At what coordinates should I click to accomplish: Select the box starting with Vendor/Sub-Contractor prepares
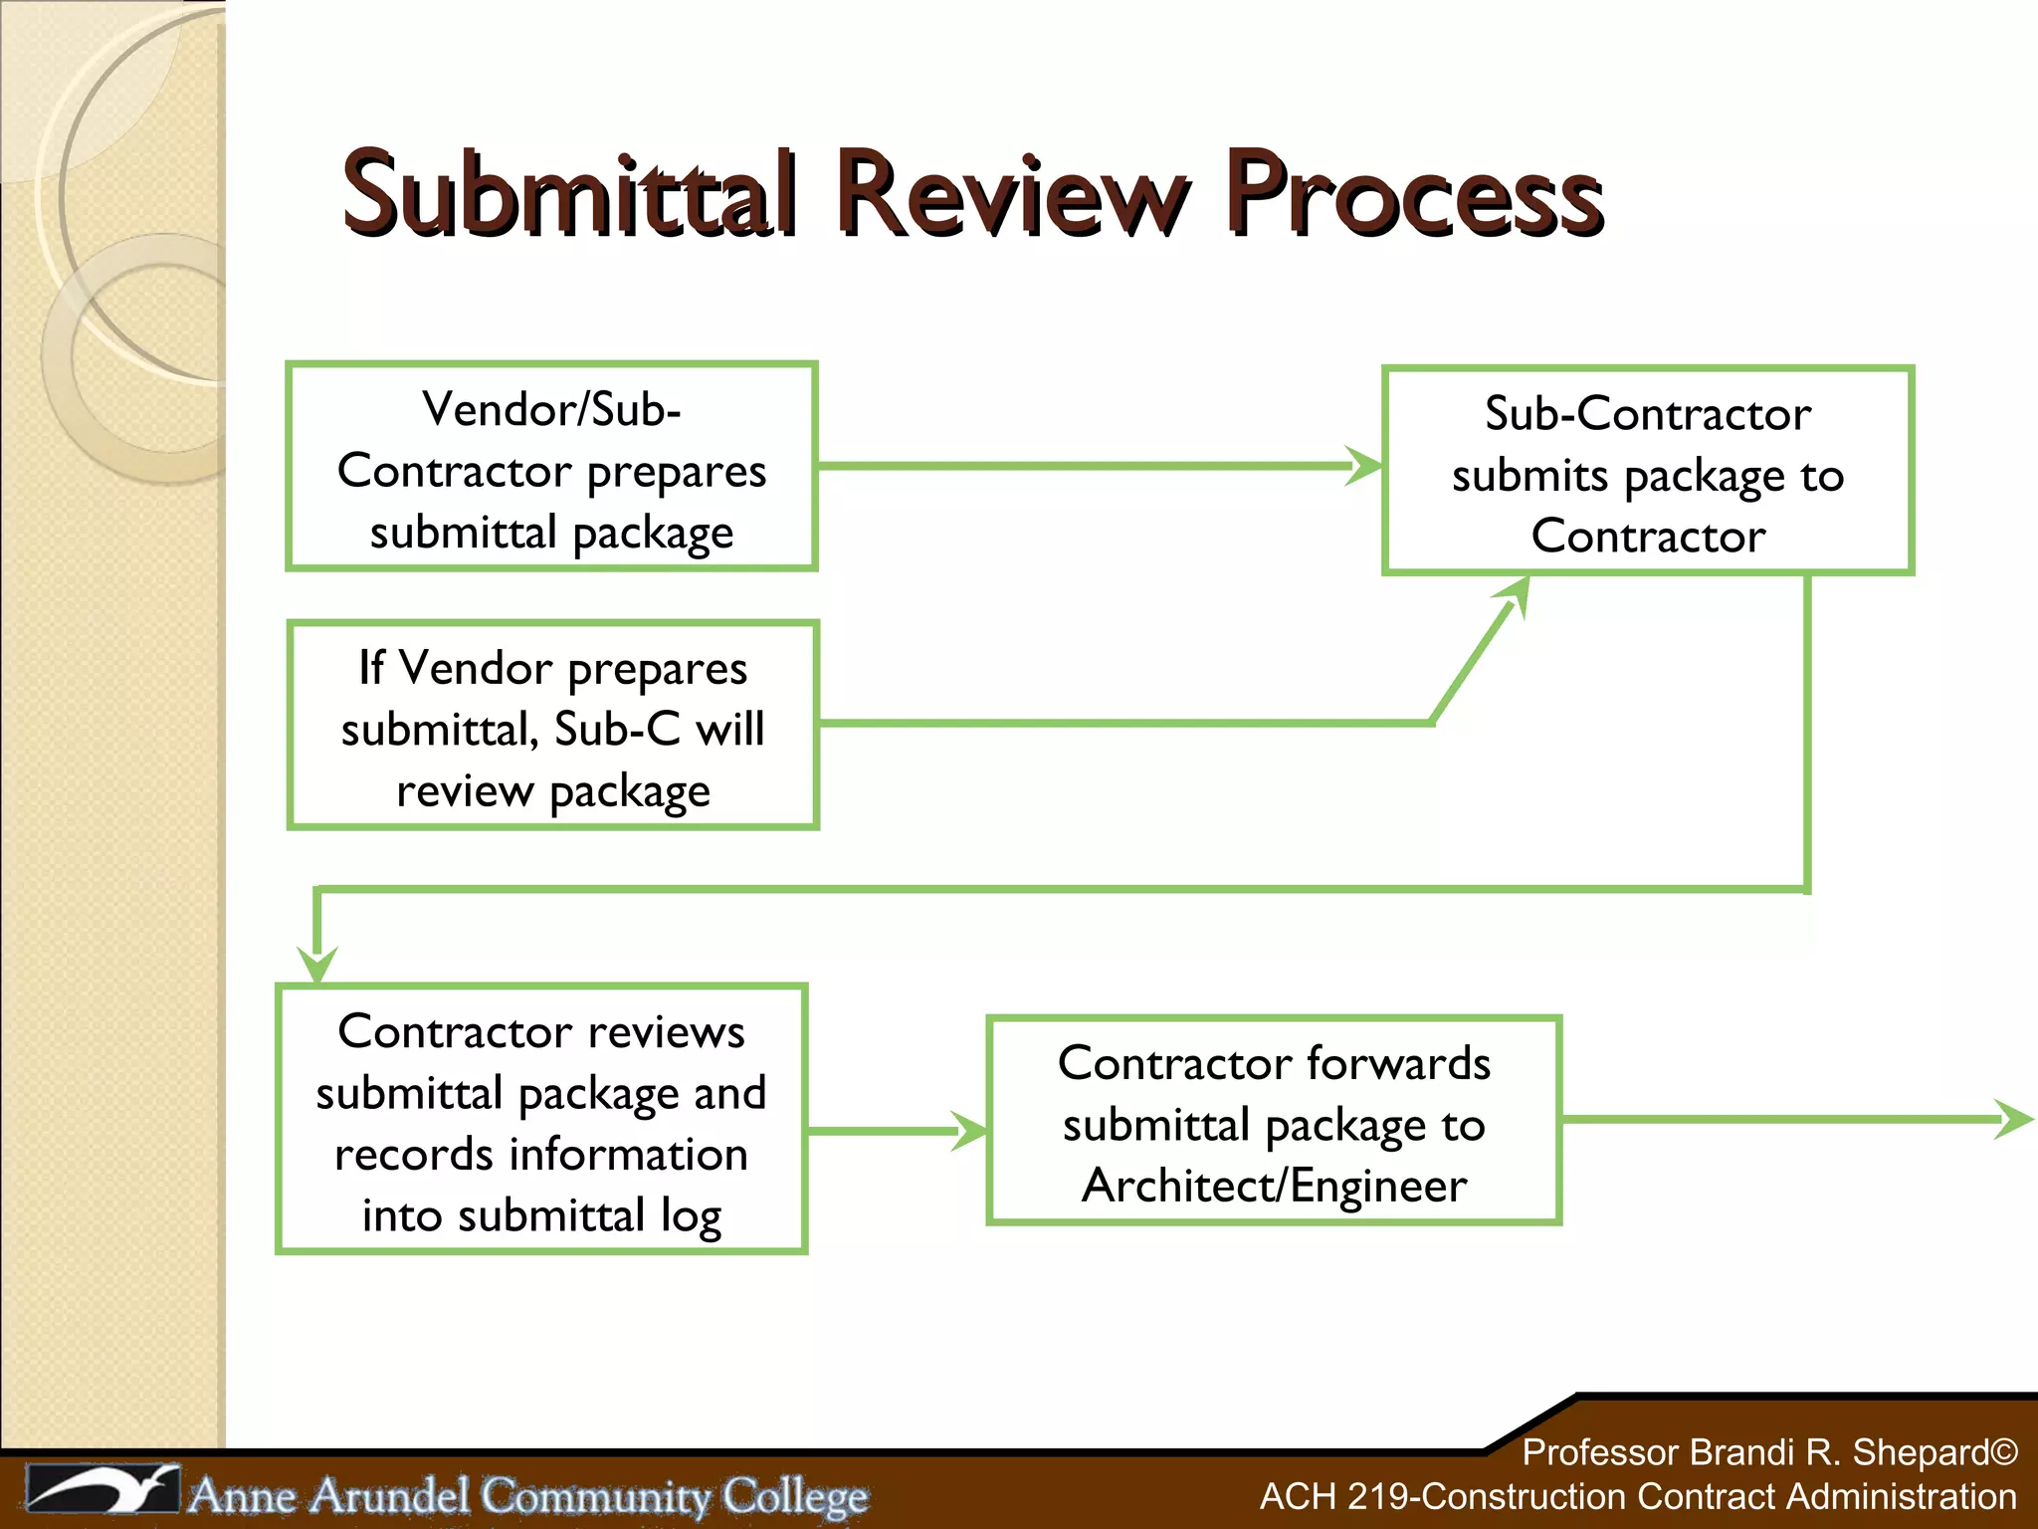[551, 467]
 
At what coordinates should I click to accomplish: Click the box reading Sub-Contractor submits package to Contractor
[1648, 471]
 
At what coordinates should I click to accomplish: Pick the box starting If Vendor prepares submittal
[552, 726]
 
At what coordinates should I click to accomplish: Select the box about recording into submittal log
[541, 1119]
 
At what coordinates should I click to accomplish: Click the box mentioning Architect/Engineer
[1274, 1121]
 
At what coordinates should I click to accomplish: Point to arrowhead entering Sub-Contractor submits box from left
[1363, 465]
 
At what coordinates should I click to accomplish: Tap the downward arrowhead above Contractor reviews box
[317, 962]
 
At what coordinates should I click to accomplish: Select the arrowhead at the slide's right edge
[2014, 1120]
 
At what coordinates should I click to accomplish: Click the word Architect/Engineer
[1274, 1186]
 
